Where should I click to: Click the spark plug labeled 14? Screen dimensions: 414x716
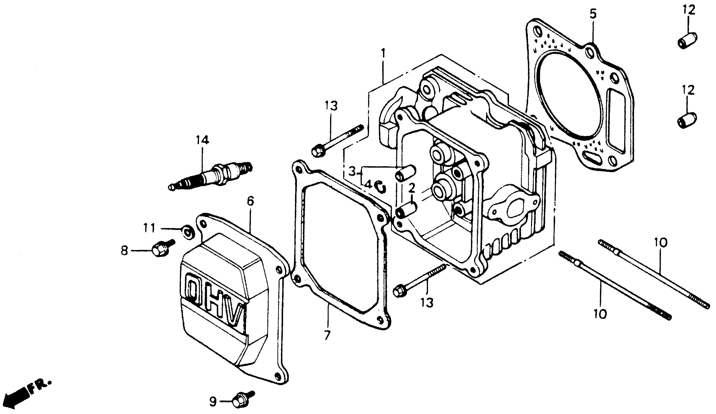click(210, 176)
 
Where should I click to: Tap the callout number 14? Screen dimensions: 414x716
click(202, 140)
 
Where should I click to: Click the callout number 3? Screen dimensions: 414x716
click(352, 172)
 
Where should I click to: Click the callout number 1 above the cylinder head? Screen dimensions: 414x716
click(383, 53)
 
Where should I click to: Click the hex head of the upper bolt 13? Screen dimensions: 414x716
click(317, 151)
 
